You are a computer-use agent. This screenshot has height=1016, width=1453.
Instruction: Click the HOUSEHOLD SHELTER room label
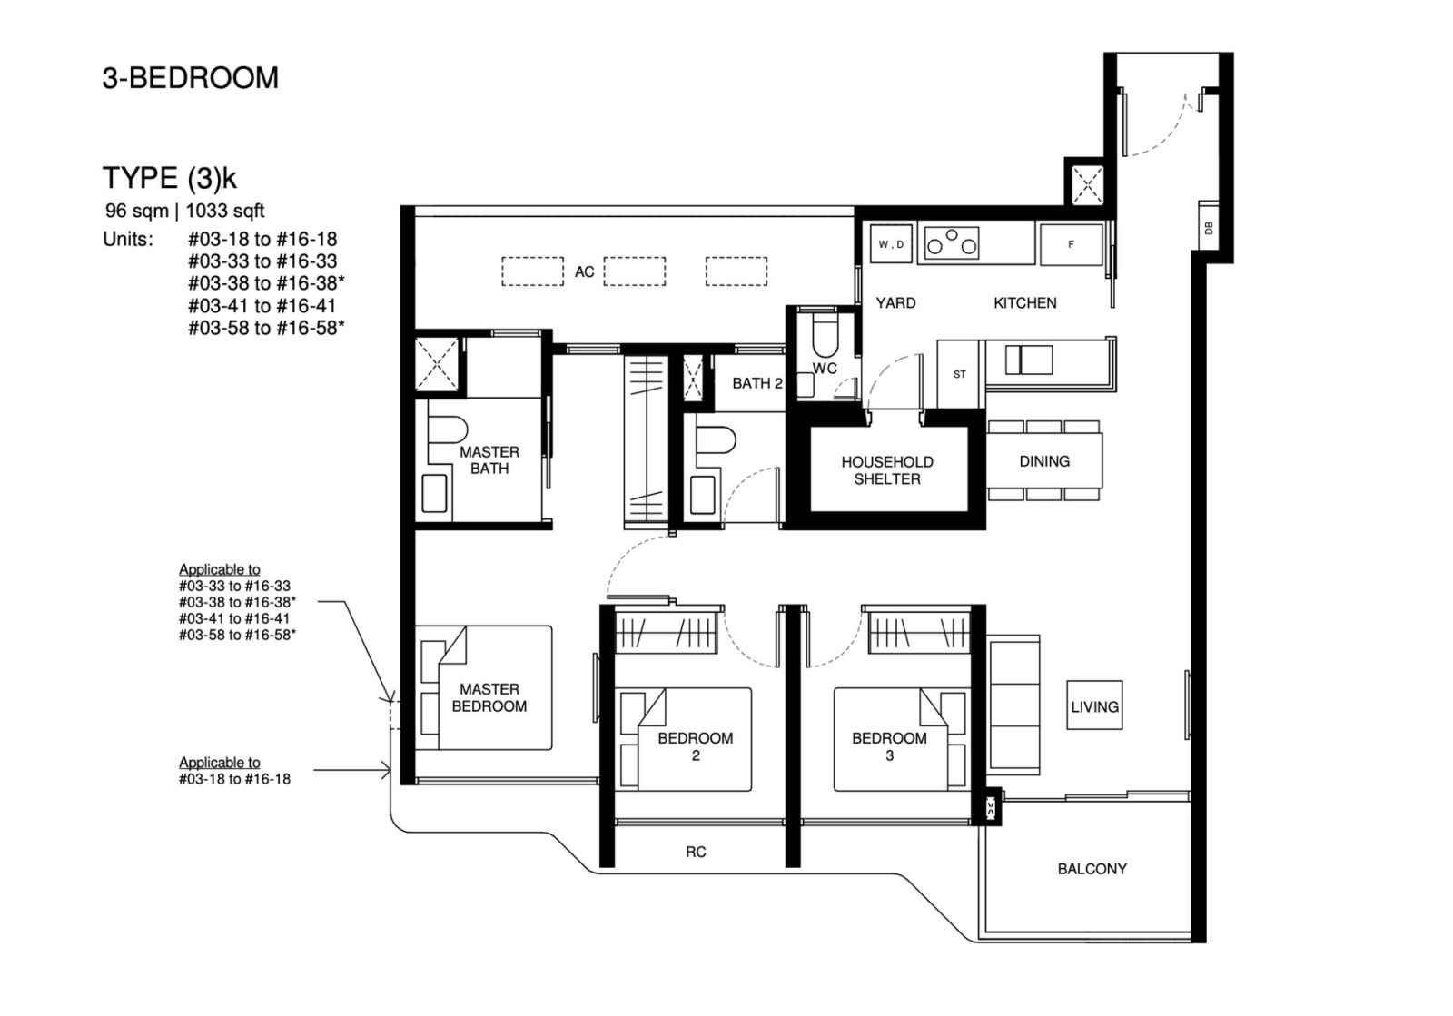pyautogui.click(x=886, y=470)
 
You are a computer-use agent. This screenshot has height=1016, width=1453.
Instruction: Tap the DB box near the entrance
pyautogui.click(x=1208, y=230)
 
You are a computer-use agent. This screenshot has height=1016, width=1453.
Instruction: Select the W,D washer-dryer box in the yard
pyautogui.click(x=890, y=244)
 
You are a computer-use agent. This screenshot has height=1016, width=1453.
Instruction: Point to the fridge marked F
pyautogui.click(x=1071, y=244)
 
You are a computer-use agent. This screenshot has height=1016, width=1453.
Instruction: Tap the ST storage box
pyautogui.click(x=959, y=374)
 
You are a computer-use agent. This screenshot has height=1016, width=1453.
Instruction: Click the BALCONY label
pyautogui.click(x=1092, y=869)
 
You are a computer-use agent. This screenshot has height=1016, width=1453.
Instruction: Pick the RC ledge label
pyautogui.click(x=696, y=852)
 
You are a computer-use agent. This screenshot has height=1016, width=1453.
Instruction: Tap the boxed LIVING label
pyautogui.click(x=1093, y=706)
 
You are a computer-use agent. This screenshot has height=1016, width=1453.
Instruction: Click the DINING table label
pyautogui.click(x=1043, y=461)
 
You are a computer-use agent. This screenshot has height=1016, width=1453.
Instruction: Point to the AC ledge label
pyautogui.click(x=584, y=271)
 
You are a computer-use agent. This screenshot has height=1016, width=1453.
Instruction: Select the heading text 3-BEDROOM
pyautogui.click(x=190, y=78)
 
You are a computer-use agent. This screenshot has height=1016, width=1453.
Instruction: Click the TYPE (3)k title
pyautogui.click(x=169, y=177)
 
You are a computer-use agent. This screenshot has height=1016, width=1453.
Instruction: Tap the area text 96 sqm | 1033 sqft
pyautogui.click(x=184, y=211)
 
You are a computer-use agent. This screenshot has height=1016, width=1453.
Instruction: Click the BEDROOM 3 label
pyautogui.click(x=889, y=746)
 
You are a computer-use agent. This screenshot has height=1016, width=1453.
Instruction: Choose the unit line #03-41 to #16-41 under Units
pyautogui.click(x=262, y=306)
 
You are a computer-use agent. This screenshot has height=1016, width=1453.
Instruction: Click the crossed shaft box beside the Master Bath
pyautogui.click(x=437, y=364)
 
